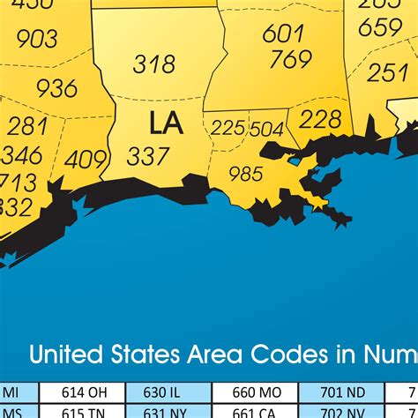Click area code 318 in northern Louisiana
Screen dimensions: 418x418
(x=154, y=63)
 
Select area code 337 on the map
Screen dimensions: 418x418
(x=148, y=156)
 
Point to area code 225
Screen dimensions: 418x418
(x=228, y=128)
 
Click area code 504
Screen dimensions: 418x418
(x=266, y=129)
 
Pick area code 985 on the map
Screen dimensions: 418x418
(x=246, y=174)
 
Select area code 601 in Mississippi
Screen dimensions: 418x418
(x=283, y=33)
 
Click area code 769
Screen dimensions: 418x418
(x=290, y=59)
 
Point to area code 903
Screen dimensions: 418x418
(x=37, y=39)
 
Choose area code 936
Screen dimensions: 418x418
(x=56, y=87)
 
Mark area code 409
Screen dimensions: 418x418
(x=86, y=160)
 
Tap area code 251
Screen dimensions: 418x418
(x=387, y=72)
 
